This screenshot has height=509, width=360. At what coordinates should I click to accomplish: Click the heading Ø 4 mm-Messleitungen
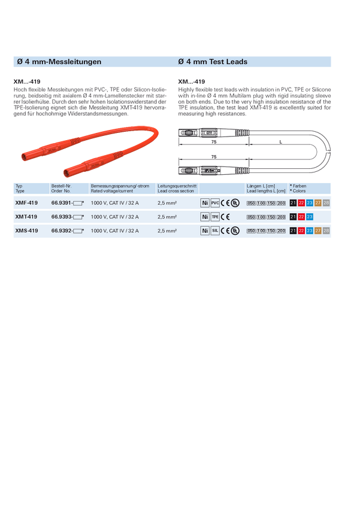[59, 62]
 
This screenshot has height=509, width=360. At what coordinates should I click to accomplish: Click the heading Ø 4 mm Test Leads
[213, 62]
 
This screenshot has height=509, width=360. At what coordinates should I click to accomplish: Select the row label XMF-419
[26, 203]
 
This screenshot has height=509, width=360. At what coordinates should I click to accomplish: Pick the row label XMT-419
[26, 217]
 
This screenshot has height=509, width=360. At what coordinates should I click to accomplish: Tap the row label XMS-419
[26, 231]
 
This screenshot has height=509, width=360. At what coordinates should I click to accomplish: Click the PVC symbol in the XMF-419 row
[216, 203]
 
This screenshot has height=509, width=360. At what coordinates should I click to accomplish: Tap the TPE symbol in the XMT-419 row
[216, 217]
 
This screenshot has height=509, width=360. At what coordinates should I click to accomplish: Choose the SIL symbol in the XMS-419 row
[216, 231]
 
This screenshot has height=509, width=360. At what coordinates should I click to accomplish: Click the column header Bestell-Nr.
[62, 186]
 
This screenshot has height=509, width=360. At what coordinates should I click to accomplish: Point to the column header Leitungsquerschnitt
[177, 186]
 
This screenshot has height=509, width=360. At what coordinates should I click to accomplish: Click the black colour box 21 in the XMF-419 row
[293, 203]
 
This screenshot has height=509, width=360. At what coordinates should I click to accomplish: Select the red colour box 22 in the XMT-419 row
[301, 217]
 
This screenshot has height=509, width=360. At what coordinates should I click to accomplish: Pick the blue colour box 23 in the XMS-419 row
[310, 231]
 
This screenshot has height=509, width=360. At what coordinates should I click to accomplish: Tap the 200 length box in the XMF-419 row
[282, 204]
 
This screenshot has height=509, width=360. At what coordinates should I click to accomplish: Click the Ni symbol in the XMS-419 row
[205, 231]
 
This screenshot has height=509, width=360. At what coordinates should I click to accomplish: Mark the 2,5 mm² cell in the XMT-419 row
[167, 217]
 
